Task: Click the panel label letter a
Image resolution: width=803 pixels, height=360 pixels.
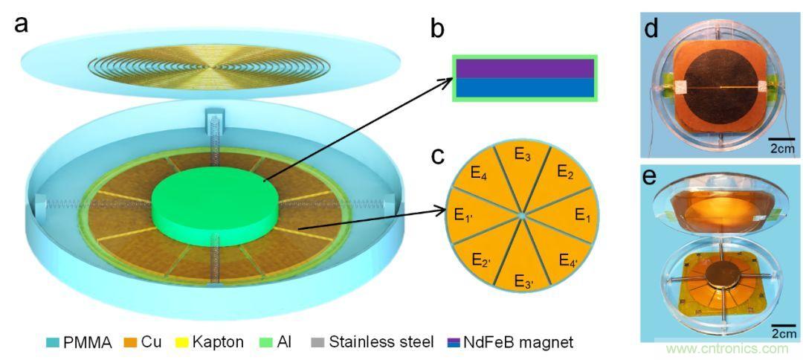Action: [x=22, y=23]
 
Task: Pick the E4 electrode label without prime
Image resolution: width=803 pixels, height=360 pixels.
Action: [x=480, y=176]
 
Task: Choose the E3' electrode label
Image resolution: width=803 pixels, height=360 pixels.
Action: [x=524, y=280]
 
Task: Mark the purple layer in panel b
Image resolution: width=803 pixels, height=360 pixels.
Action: [x=524, y=69]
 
